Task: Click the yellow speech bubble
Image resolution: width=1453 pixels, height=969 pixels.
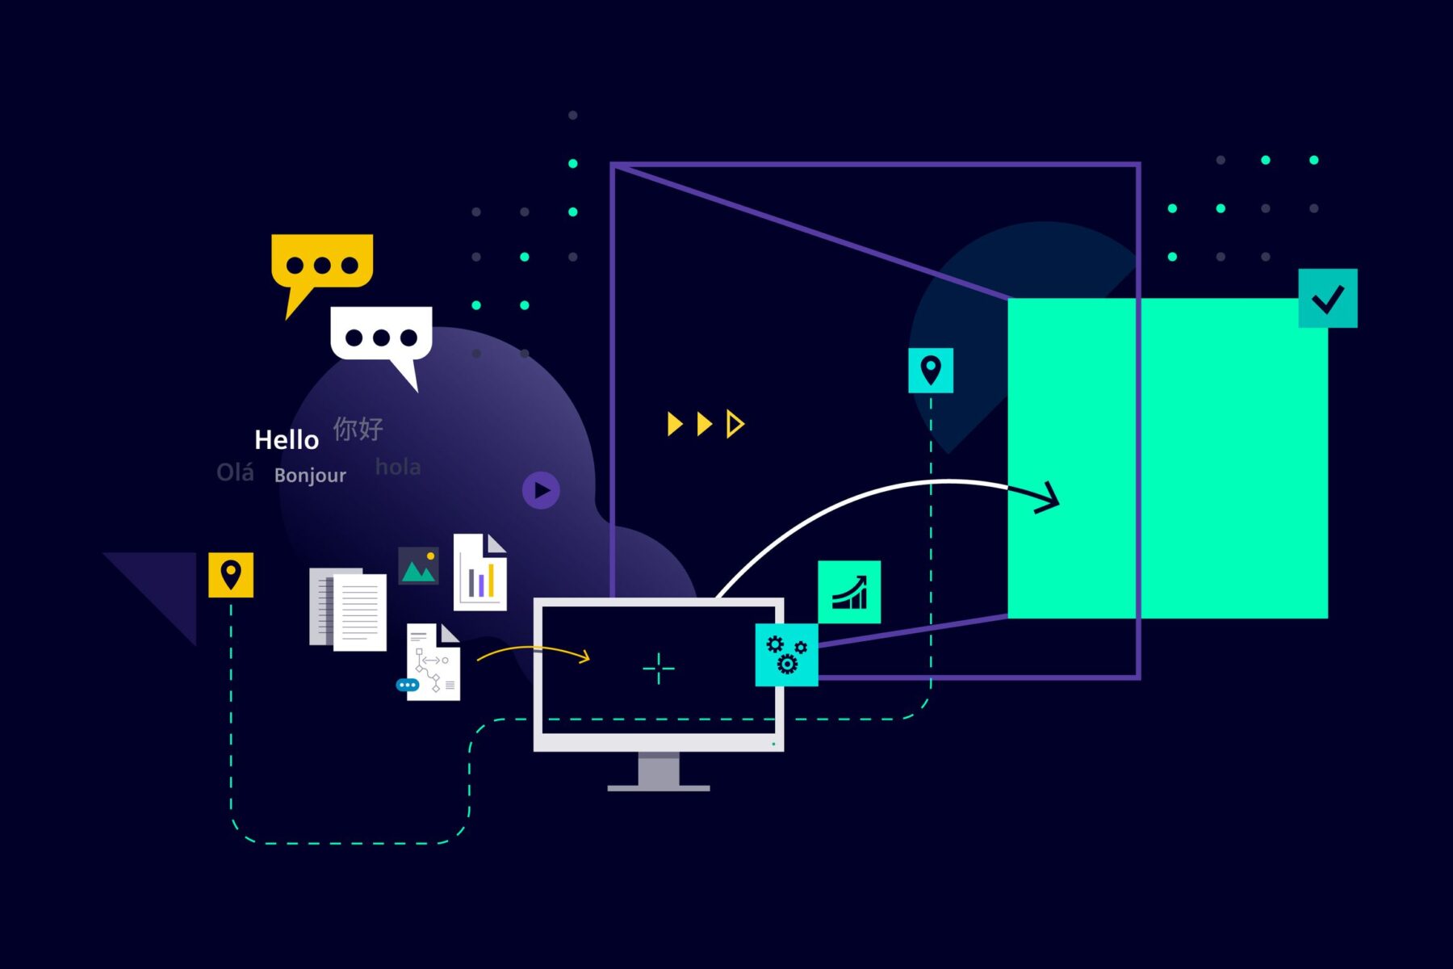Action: tap(321, 262)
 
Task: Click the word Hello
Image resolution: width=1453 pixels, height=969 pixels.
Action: tap(287, 440)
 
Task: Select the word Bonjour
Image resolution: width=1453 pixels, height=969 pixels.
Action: tap(310, 475)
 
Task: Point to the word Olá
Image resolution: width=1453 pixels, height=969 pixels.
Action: tap(235, 472)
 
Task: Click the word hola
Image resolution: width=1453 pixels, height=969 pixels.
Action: tap(398, 467)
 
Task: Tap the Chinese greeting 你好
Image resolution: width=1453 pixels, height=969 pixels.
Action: tap(358, 429)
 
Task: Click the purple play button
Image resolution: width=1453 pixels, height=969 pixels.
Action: tap(541, 490)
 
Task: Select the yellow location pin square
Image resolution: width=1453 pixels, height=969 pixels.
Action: tap(231, 575)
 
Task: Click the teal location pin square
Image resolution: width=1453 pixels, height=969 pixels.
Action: tap(931, 371)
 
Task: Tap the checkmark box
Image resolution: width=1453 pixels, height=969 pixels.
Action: tap(1328, 299)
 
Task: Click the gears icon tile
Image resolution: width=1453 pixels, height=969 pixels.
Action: tap(786, 655)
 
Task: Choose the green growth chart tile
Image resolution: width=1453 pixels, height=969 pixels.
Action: tap(849, 592)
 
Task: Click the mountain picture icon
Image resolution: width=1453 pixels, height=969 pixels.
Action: tap(418, 566)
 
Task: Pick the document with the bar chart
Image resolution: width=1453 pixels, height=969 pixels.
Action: tap(480, 573)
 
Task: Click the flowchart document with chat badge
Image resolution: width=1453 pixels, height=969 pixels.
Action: tap(433, 662)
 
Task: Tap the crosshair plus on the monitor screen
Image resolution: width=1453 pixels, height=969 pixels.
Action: tap(659, 669)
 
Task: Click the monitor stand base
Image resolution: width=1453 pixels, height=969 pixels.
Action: tap(659, 787)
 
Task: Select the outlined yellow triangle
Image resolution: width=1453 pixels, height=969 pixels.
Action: tap(734, 424)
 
